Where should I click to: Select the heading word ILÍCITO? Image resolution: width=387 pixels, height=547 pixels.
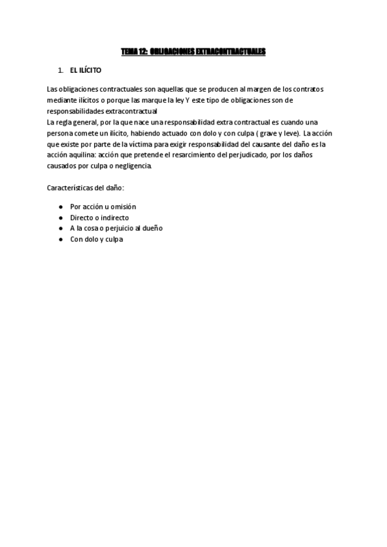click(90, 70)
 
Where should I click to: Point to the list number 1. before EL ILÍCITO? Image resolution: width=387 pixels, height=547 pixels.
click(61, 70)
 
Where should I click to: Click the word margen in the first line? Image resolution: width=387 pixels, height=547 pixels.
click(232, 88)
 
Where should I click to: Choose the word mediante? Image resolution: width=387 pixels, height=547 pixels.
click(61, 101)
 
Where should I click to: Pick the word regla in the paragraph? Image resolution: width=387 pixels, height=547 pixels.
click(66, 122)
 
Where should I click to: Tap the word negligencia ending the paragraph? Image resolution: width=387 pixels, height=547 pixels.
click(134, 166)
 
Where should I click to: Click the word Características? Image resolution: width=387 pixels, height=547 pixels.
click(72, 188)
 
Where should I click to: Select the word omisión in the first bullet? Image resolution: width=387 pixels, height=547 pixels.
click(123, 206)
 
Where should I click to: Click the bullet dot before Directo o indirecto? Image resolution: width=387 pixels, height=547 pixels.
click(60, 217)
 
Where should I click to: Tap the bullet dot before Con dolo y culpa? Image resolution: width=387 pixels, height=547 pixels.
click(60, 239)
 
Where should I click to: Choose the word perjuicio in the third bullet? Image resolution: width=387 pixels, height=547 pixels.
click(118, 228)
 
